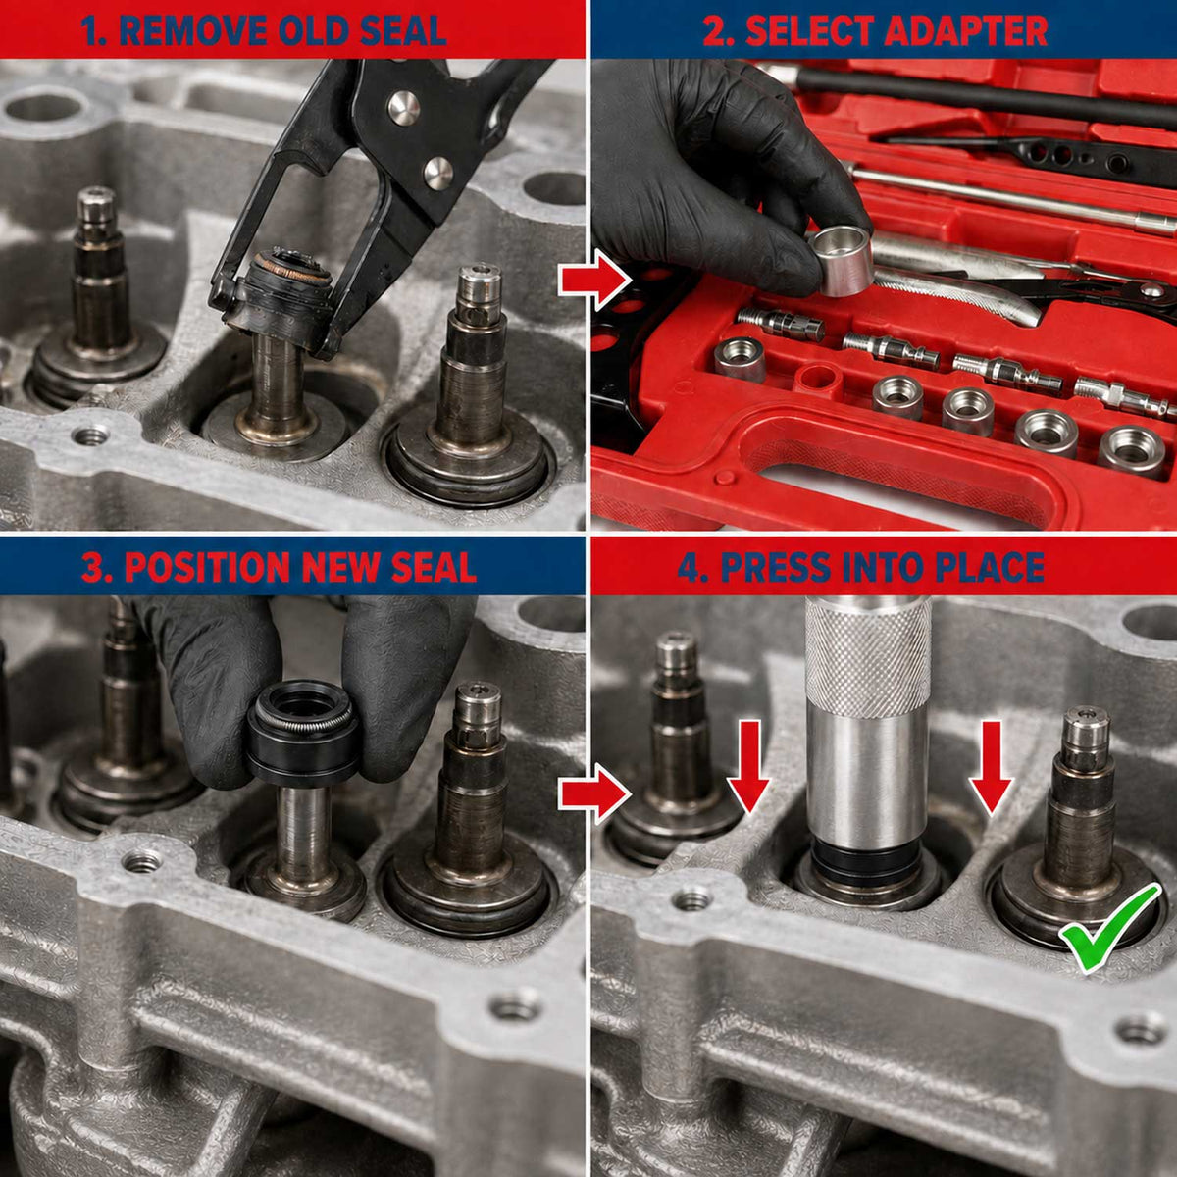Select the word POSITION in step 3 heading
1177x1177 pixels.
[207, 568]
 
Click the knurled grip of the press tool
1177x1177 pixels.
[868, 656]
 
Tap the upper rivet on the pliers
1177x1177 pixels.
[404, 109]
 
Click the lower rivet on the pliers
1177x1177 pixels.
[438, 173]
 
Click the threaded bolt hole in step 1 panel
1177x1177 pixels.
[90, 435]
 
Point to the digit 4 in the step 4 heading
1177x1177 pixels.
[689, 568]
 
